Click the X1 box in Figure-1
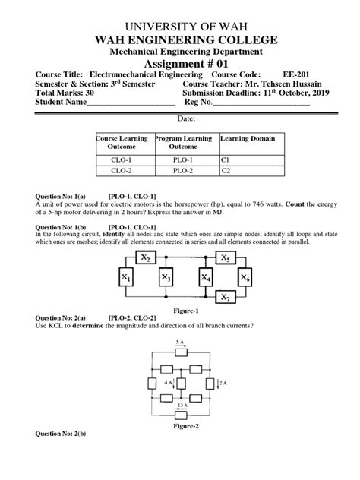point(125,279)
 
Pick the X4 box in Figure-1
point(206,279)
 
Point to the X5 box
point(226,258)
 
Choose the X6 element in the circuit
point(245,279)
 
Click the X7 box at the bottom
point(226,296)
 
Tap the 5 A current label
point(180,343)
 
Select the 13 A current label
point(180,405)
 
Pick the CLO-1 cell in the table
point(123,160)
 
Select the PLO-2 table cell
point(184,172)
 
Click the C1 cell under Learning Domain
point(225,160)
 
